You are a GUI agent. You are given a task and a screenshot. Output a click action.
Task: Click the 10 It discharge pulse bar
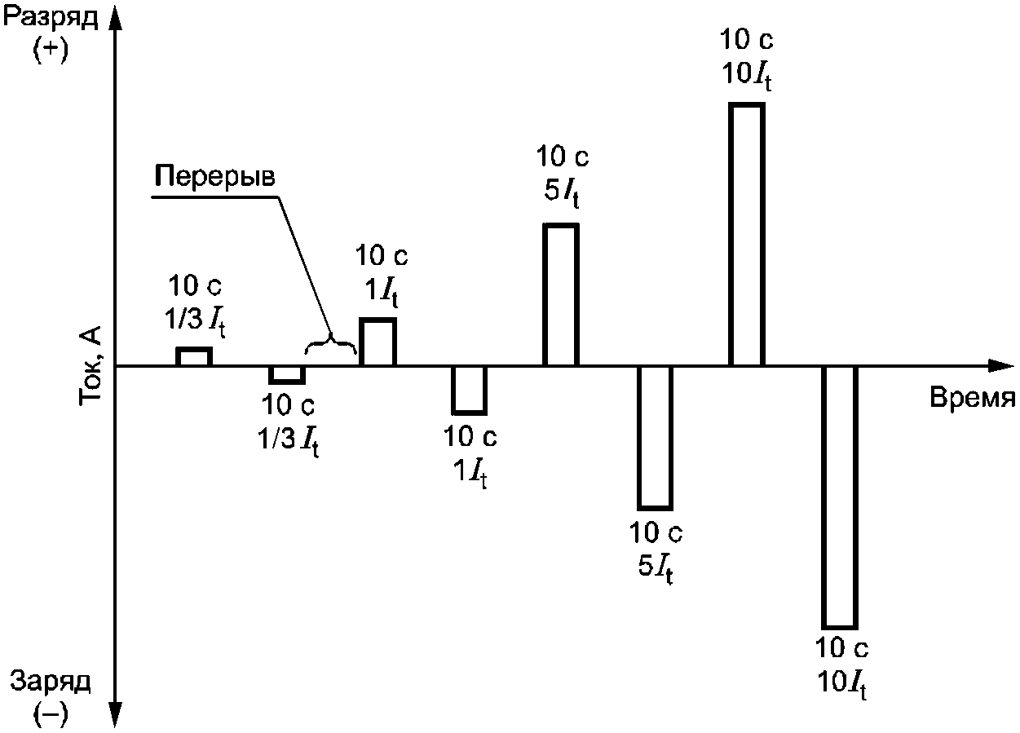click(746, 235)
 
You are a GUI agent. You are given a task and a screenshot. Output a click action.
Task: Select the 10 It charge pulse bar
click(839, 497)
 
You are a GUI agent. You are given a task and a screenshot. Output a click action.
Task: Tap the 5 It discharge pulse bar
click(561, 294)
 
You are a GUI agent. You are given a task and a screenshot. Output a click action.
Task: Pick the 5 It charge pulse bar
click(655, 437)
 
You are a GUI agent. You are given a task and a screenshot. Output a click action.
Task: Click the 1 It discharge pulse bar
click(378, 342)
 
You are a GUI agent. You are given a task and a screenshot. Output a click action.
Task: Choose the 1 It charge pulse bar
click(470, 390)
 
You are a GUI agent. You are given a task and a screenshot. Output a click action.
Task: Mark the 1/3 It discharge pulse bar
click(194, 356)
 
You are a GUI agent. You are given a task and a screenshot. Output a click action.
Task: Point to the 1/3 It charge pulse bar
click(287, 374)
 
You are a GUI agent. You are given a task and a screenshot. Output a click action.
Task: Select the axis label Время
click(971, 398)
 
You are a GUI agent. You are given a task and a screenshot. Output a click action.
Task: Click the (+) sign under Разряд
click(51, 49)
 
